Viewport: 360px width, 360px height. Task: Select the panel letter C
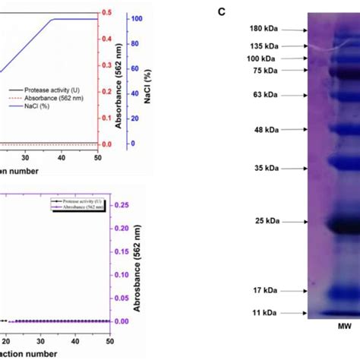221,12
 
